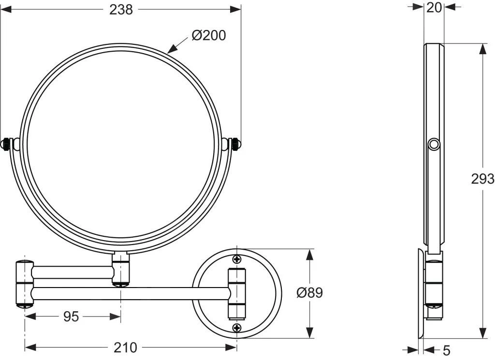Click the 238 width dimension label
(x=121, y=10)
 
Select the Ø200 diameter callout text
(x=208, y=35)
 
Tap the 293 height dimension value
(x=482, y=179)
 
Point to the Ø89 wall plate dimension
(x=309, y=293)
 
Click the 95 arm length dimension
(x=71, y=317)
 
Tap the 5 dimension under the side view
(x=446, y=349)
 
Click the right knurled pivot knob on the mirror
(x=235, y=144)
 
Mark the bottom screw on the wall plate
(x=236, y=328)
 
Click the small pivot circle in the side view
(x=434, y=144)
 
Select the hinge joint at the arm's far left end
(x=24, y=284)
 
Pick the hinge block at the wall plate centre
(x=237, y=293)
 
